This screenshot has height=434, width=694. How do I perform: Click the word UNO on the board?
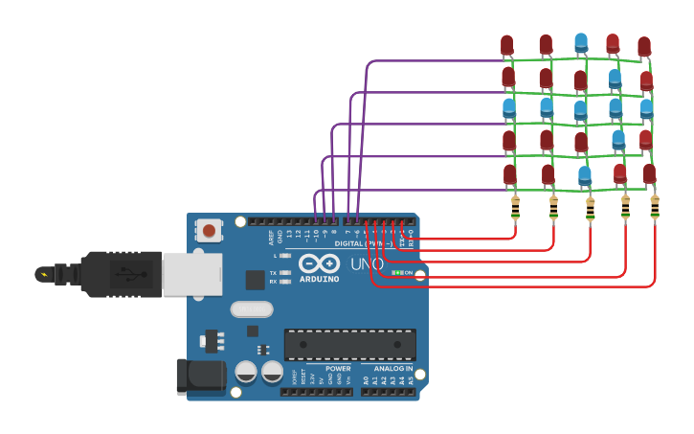[x=367, y=263]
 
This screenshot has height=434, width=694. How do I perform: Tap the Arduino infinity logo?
[x=319, y=263]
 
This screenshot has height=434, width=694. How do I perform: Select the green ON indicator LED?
[x=397, y=273]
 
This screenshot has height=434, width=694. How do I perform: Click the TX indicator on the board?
[x=286, y=273]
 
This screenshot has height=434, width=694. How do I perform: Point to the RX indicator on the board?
[x=286, y=282]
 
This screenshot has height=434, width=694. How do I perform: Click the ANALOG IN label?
[x=394, y=369]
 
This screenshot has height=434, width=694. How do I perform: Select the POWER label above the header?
[x=337, y=369]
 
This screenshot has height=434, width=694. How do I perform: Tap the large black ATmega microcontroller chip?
[x=350, y=344]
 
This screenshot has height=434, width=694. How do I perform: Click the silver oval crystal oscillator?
[x=252, y=309]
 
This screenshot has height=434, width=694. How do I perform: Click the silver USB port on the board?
[x=191, y=274]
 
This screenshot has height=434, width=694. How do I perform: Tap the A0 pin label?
[x=366, y=380]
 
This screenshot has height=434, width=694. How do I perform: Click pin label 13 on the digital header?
[x=289, y=233]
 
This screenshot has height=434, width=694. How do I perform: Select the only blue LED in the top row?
[x=581, y=43]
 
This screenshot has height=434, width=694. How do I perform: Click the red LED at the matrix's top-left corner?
[x=506, y=45]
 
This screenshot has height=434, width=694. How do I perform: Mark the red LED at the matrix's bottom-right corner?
[x=649, y=173]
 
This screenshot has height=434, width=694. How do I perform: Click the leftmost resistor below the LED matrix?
[x=515, y=207]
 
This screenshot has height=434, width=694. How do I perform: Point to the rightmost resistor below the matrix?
[x=655, y=207]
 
